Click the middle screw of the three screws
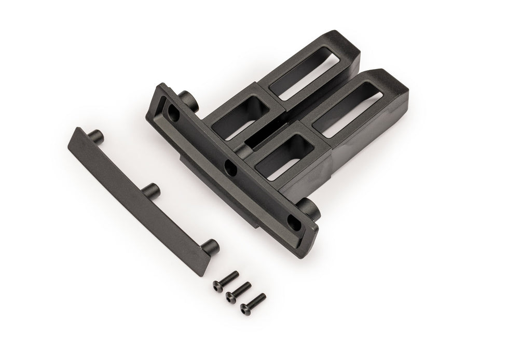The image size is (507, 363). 239,291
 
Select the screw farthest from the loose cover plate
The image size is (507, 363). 253,303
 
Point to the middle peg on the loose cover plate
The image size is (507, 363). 150,189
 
